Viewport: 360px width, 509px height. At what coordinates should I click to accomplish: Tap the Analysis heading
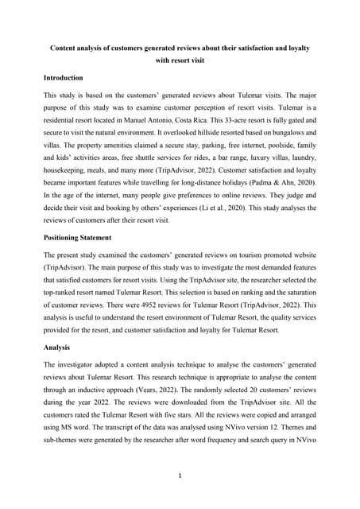click(x=57, y=348)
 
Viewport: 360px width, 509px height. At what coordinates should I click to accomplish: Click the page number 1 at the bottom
click(x=180, y=476)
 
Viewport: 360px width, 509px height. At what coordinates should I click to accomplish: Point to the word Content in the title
click(x=66, y=49)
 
